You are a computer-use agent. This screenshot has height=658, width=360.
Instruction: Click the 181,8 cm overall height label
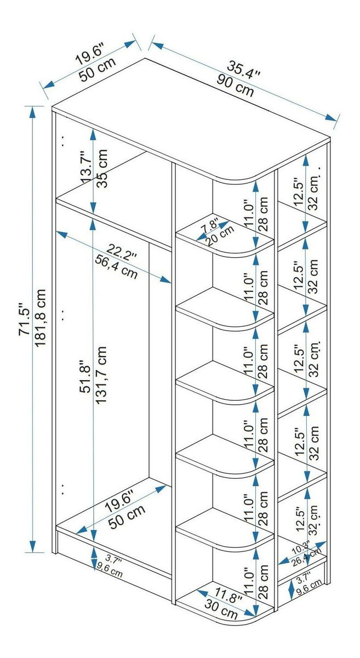[40, 318]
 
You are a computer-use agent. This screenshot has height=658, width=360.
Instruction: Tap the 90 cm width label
[235, 85]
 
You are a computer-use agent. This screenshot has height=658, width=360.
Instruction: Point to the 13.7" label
[85, 168]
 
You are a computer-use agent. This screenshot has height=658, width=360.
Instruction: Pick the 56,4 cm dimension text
[116, 267]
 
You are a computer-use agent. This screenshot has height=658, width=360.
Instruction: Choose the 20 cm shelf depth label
[220, 236]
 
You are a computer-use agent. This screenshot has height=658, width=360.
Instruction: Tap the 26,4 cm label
[307, 557]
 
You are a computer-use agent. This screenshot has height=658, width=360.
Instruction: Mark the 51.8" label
[85, 377]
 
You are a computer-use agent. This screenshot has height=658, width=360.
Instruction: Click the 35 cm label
[101, 168]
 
